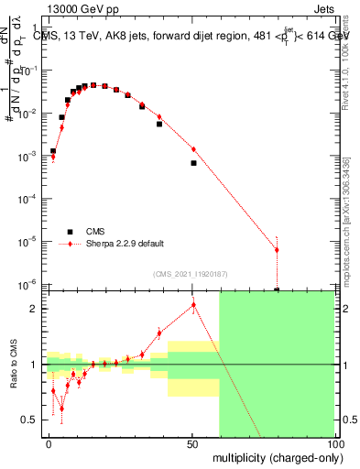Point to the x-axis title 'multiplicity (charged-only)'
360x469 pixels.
[271, 456]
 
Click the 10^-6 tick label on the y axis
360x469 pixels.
[31, 284]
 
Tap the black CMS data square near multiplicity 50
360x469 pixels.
[193, 163]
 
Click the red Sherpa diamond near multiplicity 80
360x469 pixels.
[277, 250]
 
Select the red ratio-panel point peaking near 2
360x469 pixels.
[193, 305]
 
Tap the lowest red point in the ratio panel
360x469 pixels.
[61, 409]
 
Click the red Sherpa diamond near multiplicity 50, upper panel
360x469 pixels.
[193, 149]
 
